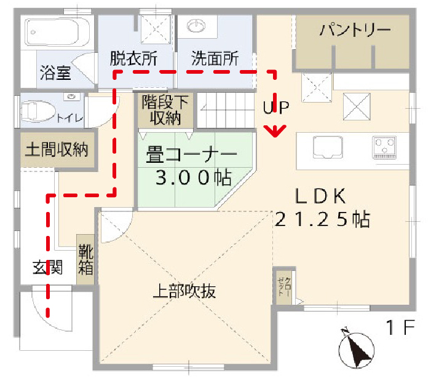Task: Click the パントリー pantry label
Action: coord(355,30)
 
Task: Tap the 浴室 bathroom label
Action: coord(55,73)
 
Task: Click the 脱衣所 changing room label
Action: coord(133,59)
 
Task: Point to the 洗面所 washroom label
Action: coord(215,59)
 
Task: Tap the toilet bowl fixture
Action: coord(38,112)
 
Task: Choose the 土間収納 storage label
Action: coord(56,149)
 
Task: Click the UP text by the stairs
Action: coord(275,107)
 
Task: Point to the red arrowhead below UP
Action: coord(275,131)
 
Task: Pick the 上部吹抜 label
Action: coord(184,292)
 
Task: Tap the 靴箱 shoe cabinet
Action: coord(85,259)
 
